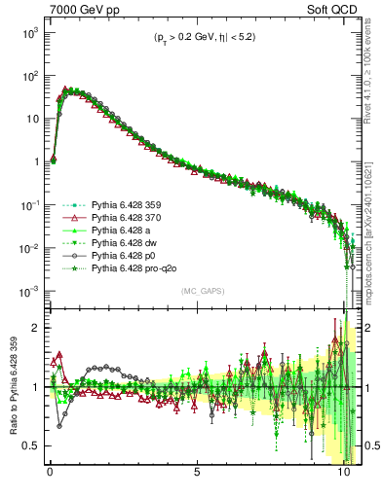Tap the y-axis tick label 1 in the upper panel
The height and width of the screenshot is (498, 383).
34,161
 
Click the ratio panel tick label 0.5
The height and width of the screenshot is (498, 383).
29,445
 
